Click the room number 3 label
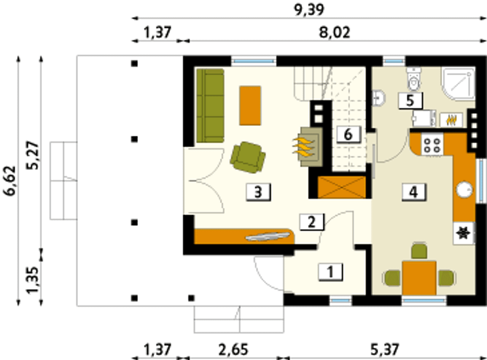pyautogui.click(x=258, y=192)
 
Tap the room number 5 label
pyautogui.click(x=410, y=101)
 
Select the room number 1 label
pyautogui.click(x=330, y=272)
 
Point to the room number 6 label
pyautogui.click(x=348, y=134)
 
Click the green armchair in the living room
pyautogui.click(x=248, y=157)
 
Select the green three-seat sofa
pyautogui.click(x=210, y=106)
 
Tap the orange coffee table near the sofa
pyautogui.click(x=250, y=106)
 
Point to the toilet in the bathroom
pyautogui.click(x=414, y=79)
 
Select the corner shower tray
pyautogui.click(x=458, y=84)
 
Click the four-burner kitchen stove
pyautogui.click(x=432, y=145)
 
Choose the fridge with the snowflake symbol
pyautogui.click(x=464, y=233)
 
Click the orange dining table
pyautogui.click(x=419, y=278)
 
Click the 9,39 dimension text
pyautogui.click(x=309, y=10)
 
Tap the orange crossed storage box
pyautogui.click(x=342, y=187)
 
